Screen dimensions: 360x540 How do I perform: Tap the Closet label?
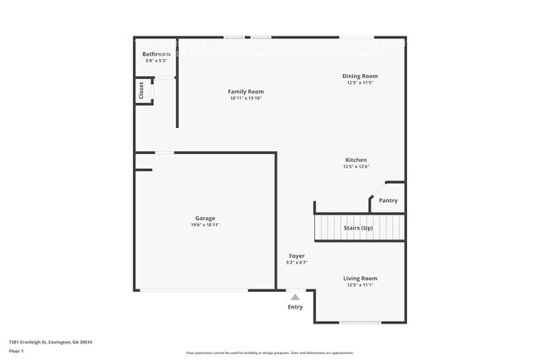click(x=141, y=91)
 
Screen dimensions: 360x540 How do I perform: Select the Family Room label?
click(x=246, y=91)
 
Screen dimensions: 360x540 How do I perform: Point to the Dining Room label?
click(x=360, y=76)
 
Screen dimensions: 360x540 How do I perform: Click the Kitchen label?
click(x=356, y=160)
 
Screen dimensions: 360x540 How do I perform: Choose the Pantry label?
click(x=388, y=200)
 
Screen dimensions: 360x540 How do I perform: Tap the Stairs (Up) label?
click(x=359, y=227)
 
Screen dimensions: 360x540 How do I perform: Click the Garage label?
click(x=205, y=218)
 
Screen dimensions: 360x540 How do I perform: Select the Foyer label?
click(x=297, y=256)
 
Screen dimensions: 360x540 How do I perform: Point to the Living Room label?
click(x=360, y=279)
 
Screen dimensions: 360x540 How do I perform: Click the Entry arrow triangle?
click(x=295, y=296)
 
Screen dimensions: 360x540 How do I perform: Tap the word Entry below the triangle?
click(x=295, y=307)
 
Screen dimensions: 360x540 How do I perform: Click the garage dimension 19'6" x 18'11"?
click(x=205, y=224)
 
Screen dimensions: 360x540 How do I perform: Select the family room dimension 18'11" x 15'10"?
click(x=246, y=98)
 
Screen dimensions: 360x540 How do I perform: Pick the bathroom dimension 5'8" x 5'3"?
click(x=157, y=61)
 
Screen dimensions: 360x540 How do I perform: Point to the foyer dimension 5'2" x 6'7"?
click(x=297, y=263)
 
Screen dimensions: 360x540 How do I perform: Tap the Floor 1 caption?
click(x=17, y=352)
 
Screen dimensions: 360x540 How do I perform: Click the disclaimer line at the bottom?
click(x=269, y=353)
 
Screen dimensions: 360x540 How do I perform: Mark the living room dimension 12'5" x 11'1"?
click(x=360, y=285)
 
